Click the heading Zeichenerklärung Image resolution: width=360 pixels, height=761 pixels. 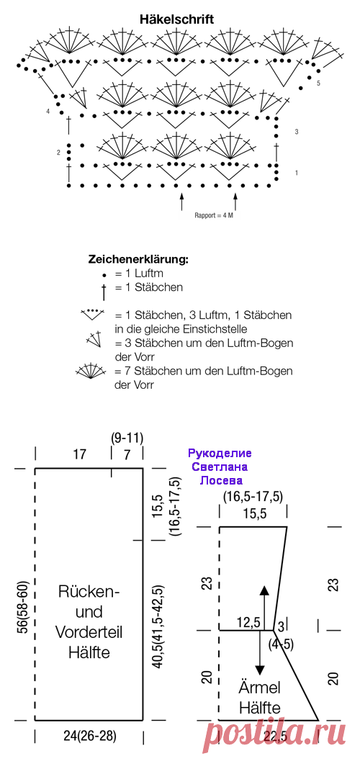pos(138,259)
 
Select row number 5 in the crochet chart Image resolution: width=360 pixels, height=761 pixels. pos(318,83)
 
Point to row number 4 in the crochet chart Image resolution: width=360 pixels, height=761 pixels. pos(48,111)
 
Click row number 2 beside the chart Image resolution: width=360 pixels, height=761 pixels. pos(58,153)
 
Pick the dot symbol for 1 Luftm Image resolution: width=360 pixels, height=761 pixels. pos(104,275)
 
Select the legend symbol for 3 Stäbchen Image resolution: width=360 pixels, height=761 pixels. pos(94,339)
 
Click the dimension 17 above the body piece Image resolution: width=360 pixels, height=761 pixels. pos(80,454)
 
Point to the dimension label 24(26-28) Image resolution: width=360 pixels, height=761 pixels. pos(90,736)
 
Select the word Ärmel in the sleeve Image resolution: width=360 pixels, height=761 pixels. pos(260,688)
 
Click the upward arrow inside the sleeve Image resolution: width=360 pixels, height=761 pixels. pos(264,608)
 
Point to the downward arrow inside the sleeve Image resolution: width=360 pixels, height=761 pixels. pos(260,653)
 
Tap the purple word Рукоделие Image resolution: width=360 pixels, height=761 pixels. pos(220,454)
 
